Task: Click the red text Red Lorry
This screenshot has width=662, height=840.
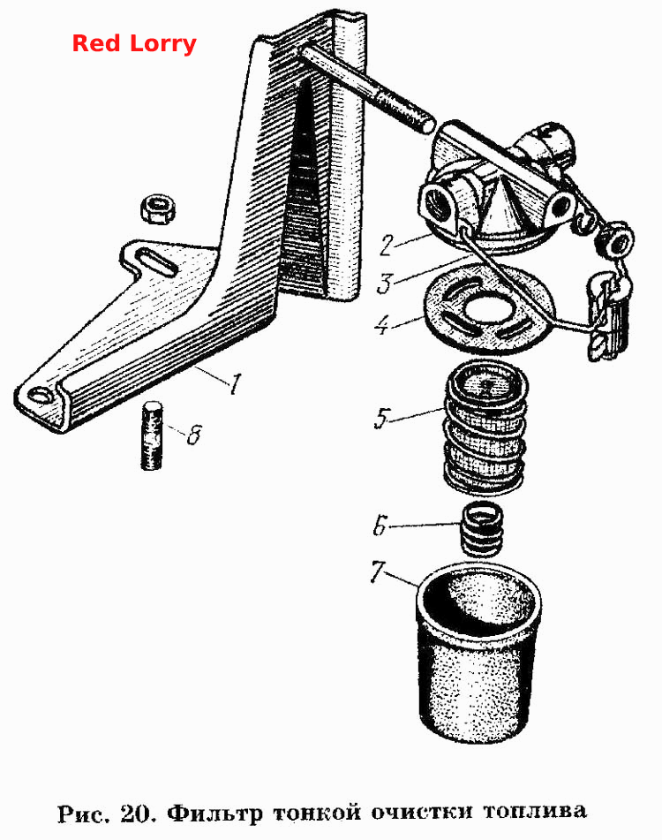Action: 134,44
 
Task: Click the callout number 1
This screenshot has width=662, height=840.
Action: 235,383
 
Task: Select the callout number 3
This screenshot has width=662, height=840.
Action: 385,283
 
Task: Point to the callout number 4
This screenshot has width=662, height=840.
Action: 381,323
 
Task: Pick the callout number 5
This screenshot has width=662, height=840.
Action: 381,419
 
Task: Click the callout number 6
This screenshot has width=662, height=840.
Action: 379,526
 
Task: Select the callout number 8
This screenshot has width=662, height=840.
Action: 193,435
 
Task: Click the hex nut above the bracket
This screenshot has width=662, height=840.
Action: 158,209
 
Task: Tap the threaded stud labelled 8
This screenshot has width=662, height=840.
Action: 152,435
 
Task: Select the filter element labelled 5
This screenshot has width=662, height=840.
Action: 485,427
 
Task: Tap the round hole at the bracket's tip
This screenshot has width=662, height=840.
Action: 41,395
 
